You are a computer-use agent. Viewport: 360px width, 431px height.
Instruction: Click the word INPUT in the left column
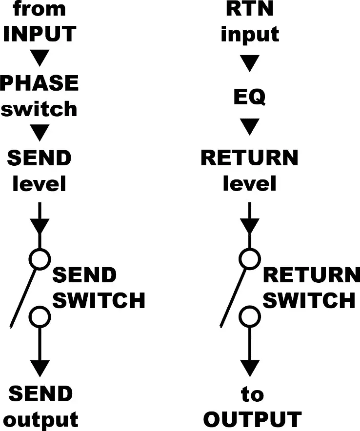40,34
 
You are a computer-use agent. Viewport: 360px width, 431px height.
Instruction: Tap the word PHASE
39,83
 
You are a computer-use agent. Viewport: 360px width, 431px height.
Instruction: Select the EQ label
249,97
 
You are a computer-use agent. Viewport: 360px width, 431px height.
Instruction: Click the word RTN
250,9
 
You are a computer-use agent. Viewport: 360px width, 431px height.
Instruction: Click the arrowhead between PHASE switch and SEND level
40,133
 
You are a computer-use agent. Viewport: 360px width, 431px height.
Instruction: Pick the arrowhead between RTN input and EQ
250,63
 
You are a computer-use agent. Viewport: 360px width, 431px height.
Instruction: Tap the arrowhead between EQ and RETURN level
250,127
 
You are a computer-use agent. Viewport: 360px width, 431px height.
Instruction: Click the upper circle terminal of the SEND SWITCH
40,258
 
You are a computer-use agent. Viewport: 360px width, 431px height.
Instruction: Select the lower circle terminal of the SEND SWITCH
40,317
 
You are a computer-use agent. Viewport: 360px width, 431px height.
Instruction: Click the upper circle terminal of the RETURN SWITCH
249,258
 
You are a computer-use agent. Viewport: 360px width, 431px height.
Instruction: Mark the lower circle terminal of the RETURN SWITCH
249,317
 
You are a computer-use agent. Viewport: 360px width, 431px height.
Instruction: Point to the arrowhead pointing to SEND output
40,367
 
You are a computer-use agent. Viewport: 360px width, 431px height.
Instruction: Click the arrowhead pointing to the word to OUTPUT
250,367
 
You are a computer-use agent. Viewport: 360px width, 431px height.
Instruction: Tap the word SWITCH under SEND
99,300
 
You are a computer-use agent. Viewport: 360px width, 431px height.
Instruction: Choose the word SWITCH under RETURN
309,300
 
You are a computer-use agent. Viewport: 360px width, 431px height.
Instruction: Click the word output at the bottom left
43,420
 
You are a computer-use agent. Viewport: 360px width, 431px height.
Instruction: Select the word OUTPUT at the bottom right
252,420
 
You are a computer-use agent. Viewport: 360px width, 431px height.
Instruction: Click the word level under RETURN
250,184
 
